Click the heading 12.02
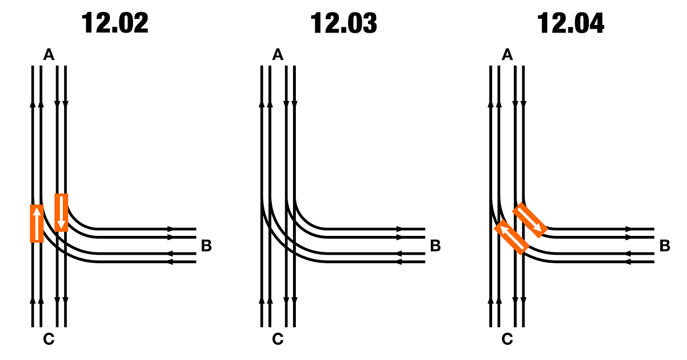pyautogui.click(x=115, y=23)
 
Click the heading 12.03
pyautogui.click(x=343, y=23)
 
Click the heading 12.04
pyautogui.click(x=571, y=23)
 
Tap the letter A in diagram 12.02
pyautogui.click(x=49, y=55)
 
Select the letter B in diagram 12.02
pyautogui.click(x=206, y=246)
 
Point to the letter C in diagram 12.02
pyautogui.click(x=49, y=339)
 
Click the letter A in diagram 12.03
pyautogui.click(x=278, y=55)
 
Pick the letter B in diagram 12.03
pyautogui.click(x=436, y=246)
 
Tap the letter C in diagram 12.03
pyautogui.click(x=278, y=339)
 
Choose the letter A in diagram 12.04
pyautogui.click(x=507, y=55)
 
